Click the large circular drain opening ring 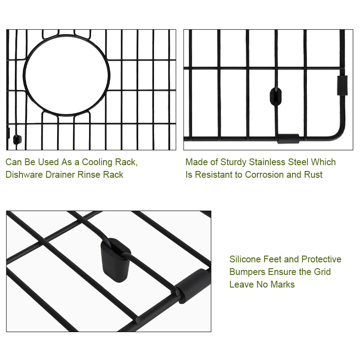pos(23,75)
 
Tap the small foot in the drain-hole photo pos(17,139)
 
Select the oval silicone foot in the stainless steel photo pos(275,96)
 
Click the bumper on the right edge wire pos(342,85)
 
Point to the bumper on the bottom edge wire pos(288,139)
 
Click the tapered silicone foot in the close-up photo pos(116,260)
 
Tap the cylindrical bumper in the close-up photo pos(193,286)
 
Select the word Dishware pos(24,175)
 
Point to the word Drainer pos(60,175)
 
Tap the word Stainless pos(267,162)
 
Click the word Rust pos(313,175)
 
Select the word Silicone pos(245,259)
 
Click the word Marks pos(283,284)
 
